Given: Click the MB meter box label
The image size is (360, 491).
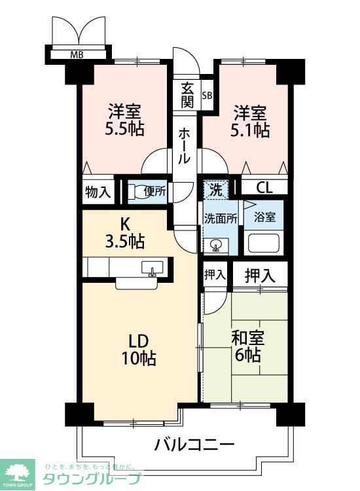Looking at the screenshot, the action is pyautogui.click(x=77, y=55).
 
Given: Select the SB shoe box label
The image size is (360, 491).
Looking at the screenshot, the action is pyautogui.click(x=207, y=96).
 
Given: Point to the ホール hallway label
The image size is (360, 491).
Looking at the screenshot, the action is pyautogui.click(x=184, y=147).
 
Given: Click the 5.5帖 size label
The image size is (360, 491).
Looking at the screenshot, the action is pyautogui.click(x=124, y=128).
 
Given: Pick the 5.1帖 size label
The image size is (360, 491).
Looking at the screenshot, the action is pyautogui.click(x=250, y=130).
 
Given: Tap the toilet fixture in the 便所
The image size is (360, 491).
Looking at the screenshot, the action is pyautogui.click(x=135, y=192).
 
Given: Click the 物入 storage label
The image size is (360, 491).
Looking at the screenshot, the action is pyautogui.click(x=98, y=191).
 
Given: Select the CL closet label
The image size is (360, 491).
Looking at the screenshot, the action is pyautogui.click(x=264, y=188).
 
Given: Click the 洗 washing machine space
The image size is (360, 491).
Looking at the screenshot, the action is pyautogui.click(x=216, y=190).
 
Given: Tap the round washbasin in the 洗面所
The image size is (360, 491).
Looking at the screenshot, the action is pyautogui.click(x=216, y=244).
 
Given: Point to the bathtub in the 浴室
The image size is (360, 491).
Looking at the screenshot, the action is pyautogui.click(x=263, y=243).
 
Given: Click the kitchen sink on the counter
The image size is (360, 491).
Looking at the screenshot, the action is pyautogui.click(x=152, y=268).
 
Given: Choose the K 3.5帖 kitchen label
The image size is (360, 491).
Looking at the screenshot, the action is pyautogui.click(x=124, y=233).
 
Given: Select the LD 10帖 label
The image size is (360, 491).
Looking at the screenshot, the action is pyautogui.click(x=139, y=350).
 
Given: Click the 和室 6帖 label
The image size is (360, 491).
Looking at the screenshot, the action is pyautogui.click(x=247, y=346).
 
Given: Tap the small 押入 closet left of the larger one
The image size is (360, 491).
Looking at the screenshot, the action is pyautogui.click(x=215, y=274).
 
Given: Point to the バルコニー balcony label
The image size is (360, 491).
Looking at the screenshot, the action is pyautogui.click(x=194, y=444).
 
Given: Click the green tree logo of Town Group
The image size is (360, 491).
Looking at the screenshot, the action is pyautogui.click(x=17, y=471).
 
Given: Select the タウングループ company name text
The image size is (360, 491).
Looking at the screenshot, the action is pyautogui.click(x=92, y=479).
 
